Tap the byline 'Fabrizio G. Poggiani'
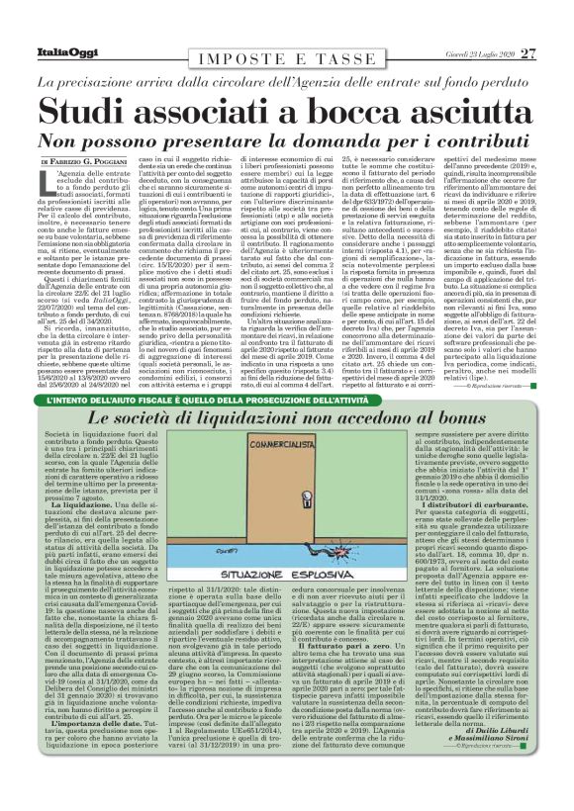pyautogui.click(x=99, y=162)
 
